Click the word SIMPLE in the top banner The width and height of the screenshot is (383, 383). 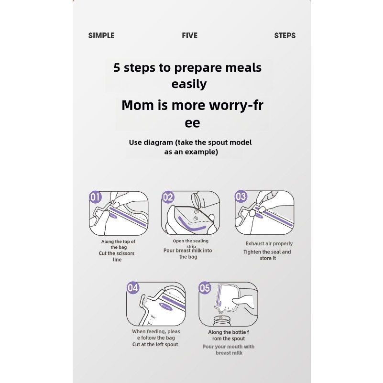click(101, 36)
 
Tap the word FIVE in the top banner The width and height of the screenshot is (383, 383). click(189, 36)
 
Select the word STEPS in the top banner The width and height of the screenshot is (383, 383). click(285, 36)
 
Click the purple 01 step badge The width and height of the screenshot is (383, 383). click(96, 197)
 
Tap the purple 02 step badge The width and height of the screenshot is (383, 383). click(168, 197)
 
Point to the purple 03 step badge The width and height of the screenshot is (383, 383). click(241, 197)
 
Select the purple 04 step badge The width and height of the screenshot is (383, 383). click(133, 288)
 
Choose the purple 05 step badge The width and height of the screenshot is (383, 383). click(205, 288)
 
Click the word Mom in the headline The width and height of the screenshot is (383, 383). click(138, 105)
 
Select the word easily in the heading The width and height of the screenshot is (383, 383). click(189, 84)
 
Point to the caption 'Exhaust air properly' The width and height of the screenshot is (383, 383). click(269, 243)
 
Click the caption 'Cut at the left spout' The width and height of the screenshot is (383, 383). click(155, 344)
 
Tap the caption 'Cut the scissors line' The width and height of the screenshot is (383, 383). click(117, 256)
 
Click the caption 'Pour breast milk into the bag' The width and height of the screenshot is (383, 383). click(188, 253)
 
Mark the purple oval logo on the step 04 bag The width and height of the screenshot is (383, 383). click(166, 306)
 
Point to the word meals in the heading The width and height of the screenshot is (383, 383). click(243, 68)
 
